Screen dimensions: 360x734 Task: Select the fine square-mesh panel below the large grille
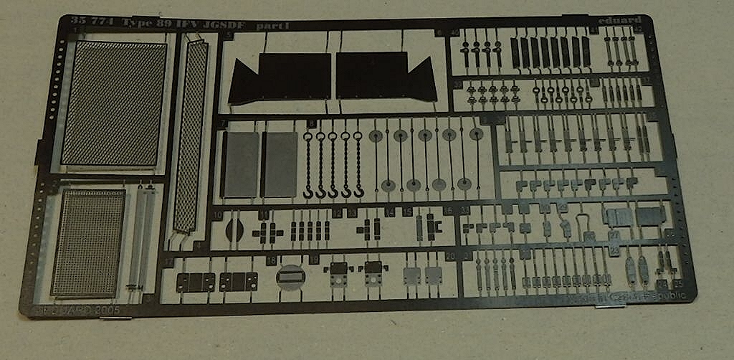(87, 243)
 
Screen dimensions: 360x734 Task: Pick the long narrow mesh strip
(190, 136)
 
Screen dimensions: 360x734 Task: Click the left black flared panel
(280, 77)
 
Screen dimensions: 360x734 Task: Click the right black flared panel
(386, 77)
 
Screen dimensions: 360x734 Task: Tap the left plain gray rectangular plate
(240, 164)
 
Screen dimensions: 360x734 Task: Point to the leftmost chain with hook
(309, 164)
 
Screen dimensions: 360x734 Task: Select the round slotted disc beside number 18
(290, 276)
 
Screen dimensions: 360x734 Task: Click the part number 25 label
(678, 285)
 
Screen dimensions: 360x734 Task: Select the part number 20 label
(450, 257)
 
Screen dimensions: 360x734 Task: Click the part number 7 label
(223, 124)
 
